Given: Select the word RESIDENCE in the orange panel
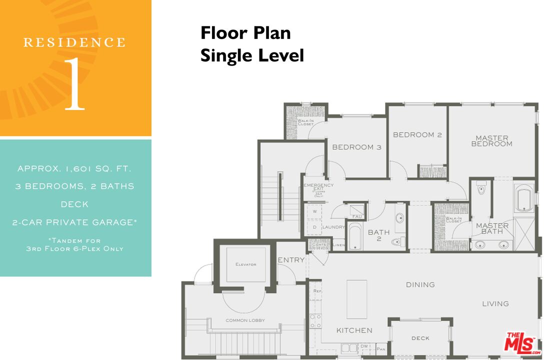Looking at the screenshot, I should pyautogui.click(x=74, y=42).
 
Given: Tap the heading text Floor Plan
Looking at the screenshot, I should pyautogui.click(x=245, y=33).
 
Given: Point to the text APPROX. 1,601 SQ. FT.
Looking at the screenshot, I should pyautogui.click(x=75, y=168).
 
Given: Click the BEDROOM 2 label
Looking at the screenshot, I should pyautogui.click(x=417, y=134).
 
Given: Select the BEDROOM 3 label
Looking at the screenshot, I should pyautogui.click(x=356, y=147).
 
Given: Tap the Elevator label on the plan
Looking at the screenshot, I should pyautogui.click(x=245, y=264).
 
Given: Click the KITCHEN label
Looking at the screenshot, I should pyautogui.click(x=354, y=330).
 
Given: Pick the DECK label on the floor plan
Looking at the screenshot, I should pyautogui.click(x=420, y=338).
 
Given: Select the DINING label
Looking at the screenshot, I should pyautogui.click(x=420, y=284).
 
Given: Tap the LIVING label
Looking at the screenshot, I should pyautogui.click(x=495, y=303).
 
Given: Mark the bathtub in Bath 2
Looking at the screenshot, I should pyautogui.click(x=353, y=237).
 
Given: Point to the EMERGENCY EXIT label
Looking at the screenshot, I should pyautogui.click(x=318, y=188).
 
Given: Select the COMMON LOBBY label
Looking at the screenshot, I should pyautogui.click(x=245, y=320).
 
